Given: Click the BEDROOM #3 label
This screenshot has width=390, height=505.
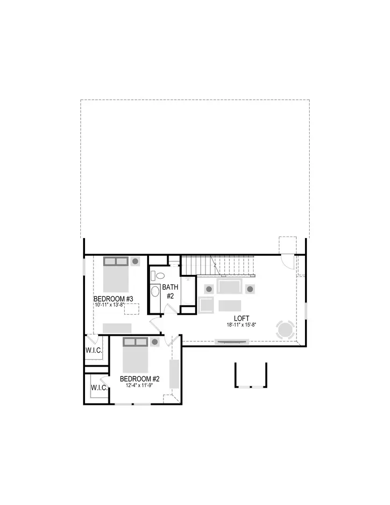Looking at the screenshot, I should (114, 299).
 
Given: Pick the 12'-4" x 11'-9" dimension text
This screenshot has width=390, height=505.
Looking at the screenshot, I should (140, 386).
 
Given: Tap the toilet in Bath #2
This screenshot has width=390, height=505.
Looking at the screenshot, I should (157, 275).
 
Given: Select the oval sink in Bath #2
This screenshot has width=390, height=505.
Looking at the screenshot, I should (155, 292).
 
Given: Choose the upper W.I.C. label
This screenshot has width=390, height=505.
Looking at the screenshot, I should (93, 350).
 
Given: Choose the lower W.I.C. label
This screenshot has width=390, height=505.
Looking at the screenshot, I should (99, 388).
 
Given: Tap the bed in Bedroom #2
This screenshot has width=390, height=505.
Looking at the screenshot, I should (135, 355).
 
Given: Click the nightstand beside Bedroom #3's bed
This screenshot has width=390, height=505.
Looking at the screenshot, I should (135, 261).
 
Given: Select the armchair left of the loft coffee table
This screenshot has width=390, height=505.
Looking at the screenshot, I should (206, 305).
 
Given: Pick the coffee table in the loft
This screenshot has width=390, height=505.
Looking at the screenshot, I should (230, 305).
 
